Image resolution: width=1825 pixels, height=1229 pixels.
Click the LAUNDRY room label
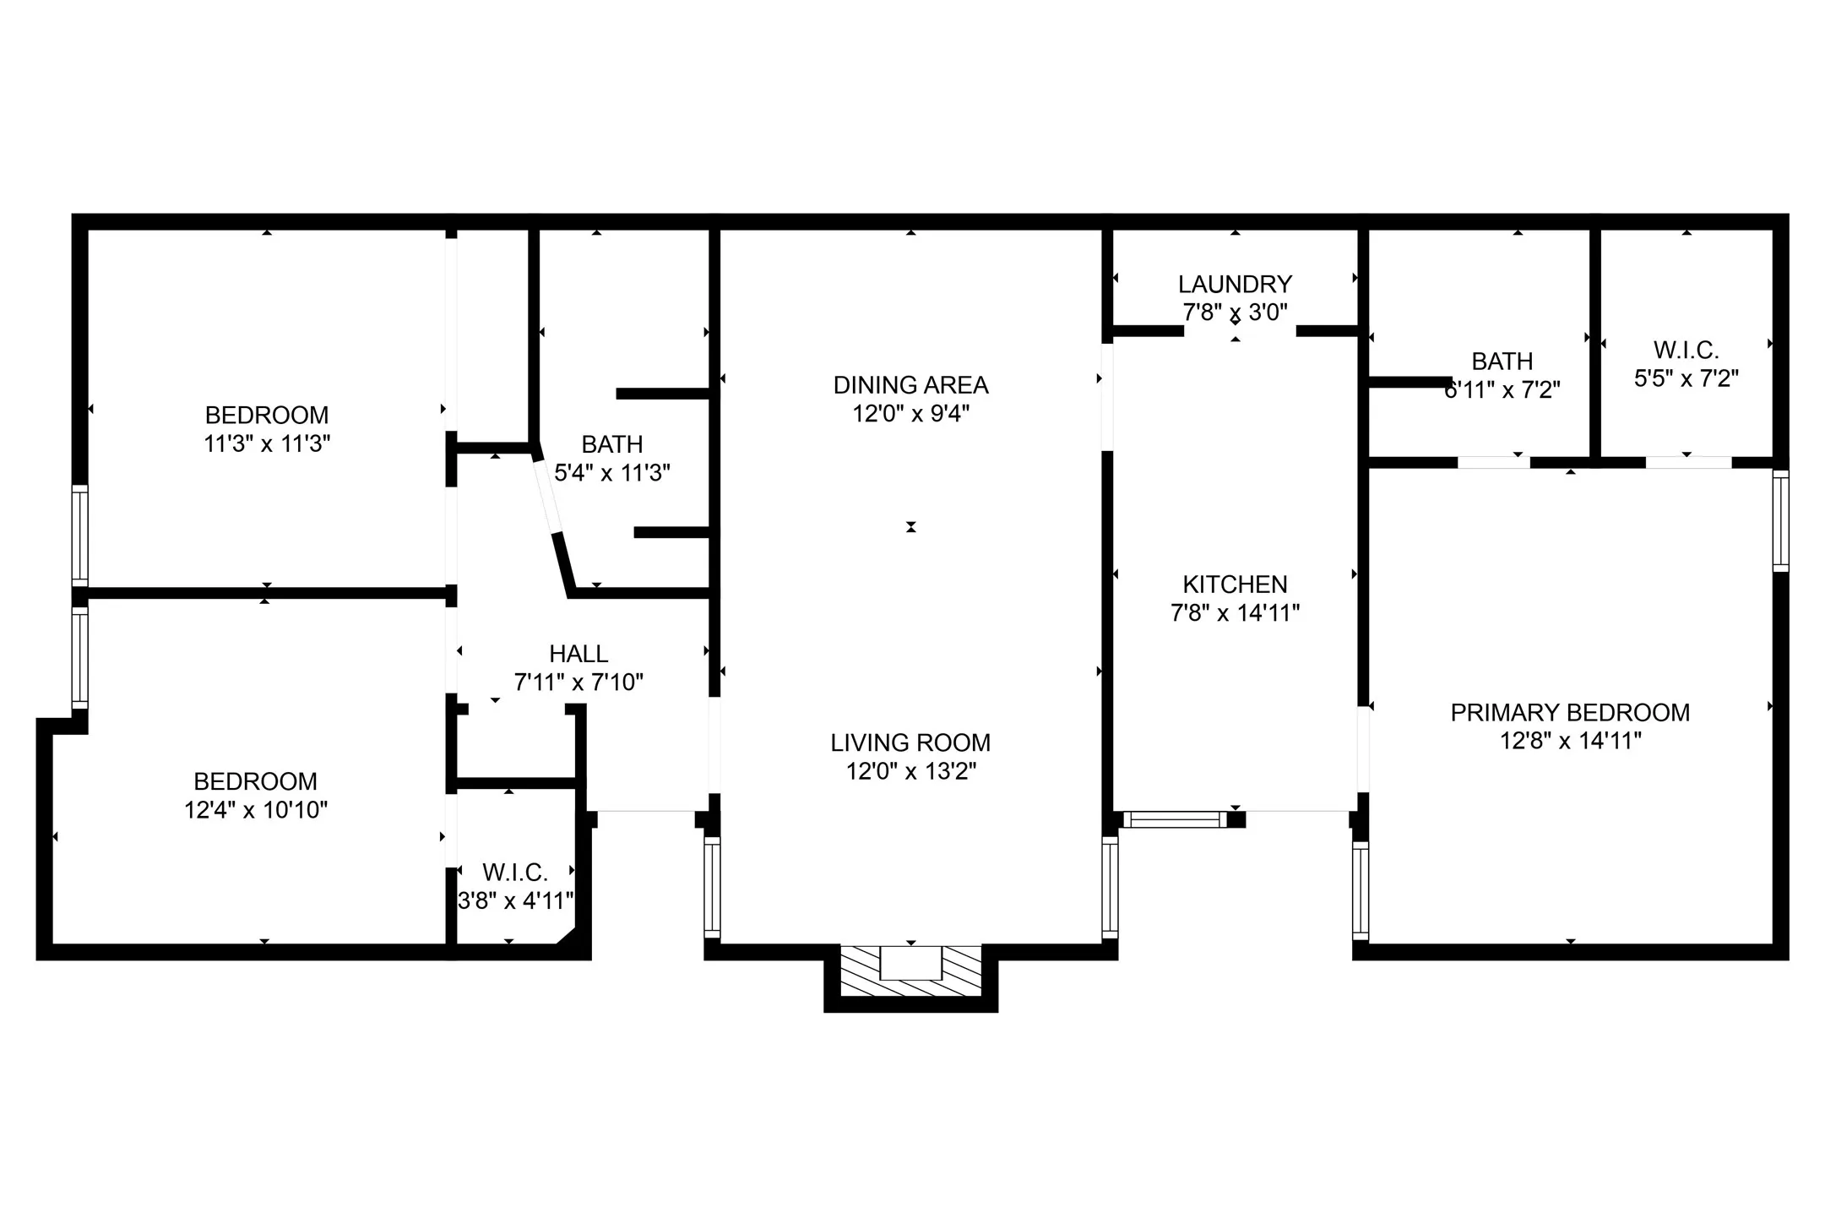tap(1235, 284)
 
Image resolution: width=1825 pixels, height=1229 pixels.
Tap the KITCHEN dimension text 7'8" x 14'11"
tap(1235, 613)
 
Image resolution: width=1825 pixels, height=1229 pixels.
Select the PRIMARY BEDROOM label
tap(1570, 712)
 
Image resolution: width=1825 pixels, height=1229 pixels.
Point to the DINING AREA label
tap(910, 385)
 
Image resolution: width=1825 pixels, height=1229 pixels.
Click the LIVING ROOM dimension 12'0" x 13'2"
tap(910, 771)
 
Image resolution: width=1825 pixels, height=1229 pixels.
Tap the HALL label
tap(578, 654)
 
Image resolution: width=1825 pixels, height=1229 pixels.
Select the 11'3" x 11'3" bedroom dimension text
tap(267, 443)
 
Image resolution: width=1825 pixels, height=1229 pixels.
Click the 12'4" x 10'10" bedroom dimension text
tap(256, 810)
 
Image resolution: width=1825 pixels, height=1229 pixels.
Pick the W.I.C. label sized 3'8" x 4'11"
tap(515, 872)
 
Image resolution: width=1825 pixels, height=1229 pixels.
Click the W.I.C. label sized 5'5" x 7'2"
tap(1686, 350)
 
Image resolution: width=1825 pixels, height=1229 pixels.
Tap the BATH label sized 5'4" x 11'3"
tap(612, 444)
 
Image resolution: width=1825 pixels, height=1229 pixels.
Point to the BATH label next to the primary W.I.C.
tap(1502, 362)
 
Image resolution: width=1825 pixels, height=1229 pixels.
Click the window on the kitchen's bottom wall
tap(1175, 818)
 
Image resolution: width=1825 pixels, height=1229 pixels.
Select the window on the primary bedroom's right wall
tap(1780, 521)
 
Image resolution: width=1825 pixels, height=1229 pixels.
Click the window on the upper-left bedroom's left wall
tap(79, 536)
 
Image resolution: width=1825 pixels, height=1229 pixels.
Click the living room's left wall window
tap(712, 888)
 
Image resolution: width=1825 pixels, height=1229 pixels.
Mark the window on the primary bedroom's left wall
tap(1360, 889)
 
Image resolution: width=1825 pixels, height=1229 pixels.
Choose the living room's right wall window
tap(1110, 888)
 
